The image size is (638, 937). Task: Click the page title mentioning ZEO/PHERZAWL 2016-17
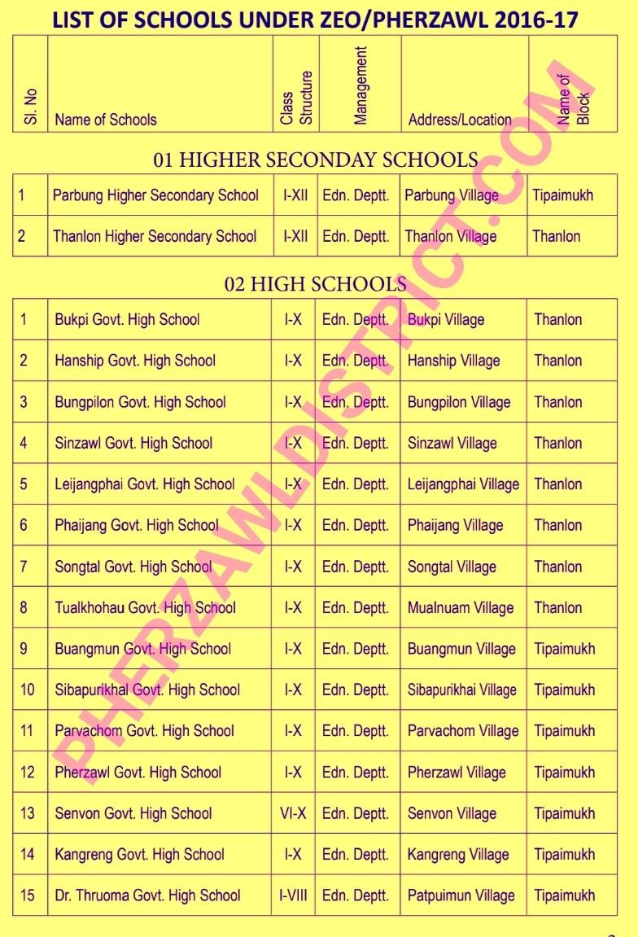click(x=315, y=20)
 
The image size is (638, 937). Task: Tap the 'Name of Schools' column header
click(x=106, y=120)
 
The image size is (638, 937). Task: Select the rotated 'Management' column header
click(x=361, y=85)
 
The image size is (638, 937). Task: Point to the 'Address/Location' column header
click(x=460, y=120)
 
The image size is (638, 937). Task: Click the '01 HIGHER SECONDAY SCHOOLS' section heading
click(x=316, y=160)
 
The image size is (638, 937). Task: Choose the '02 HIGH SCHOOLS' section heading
click(x=316, y=284)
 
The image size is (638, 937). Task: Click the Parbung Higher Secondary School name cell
click(x=155, y=195)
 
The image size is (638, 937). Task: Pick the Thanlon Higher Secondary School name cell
click(x=155, y=237)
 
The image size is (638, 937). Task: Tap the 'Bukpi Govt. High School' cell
click(x=127, y=319)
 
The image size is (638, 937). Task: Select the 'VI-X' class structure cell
click(x=293, y=813)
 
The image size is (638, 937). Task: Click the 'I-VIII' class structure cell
click(x=293, y=895)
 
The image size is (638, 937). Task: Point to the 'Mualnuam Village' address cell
click(x=461, y=607)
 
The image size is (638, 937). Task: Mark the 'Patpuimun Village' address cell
click(x=461, y=895)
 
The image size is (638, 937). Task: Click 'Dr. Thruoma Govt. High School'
click(x=147, y=895)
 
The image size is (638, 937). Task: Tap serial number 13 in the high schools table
click(x=28, y=813)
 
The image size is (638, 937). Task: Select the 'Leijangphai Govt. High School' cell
click(x=145, y=484)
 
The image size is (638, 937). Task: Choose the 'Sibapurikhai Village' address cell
click(x=461, y=690)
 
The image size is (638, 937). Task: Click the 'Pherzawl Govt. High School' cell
click(x=138, y=773)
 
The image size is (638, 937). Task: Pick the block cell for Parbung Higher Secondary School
click(x=563, y=195)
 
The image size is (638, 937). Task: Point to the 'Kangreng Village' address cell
click(x=458, y=855)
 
